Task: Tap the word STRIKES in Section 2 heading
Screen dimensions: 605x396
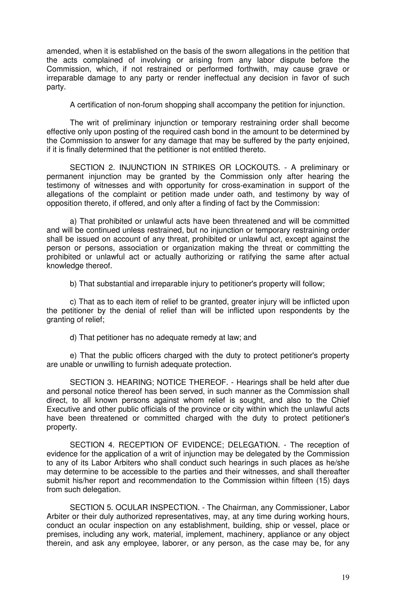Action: click(198, 168)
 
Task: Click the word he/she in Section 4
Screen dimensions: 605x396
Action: click(337, 463)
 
